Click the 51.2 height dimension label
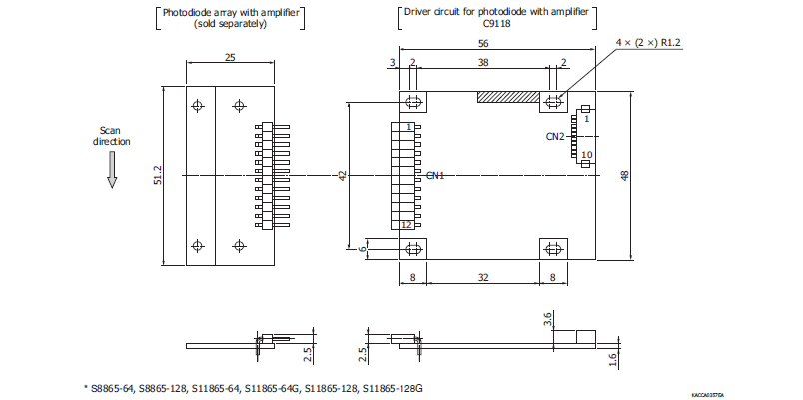coord(157,175)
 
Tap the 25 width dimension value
coord(230,59)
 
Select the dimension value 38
coord(484,62)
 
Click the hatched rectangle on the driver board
coord(508,98)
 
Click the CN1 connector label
coord(435,176)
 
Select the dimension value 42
coord(342,175)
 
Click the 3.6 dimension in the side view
coord(547,320)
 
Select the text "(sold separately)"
coord(230,23)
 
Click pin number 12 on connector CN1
coord(407,225)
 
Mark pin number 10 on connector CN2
coord(586,155)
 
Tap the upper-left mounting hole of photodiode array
coord(198,105)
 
